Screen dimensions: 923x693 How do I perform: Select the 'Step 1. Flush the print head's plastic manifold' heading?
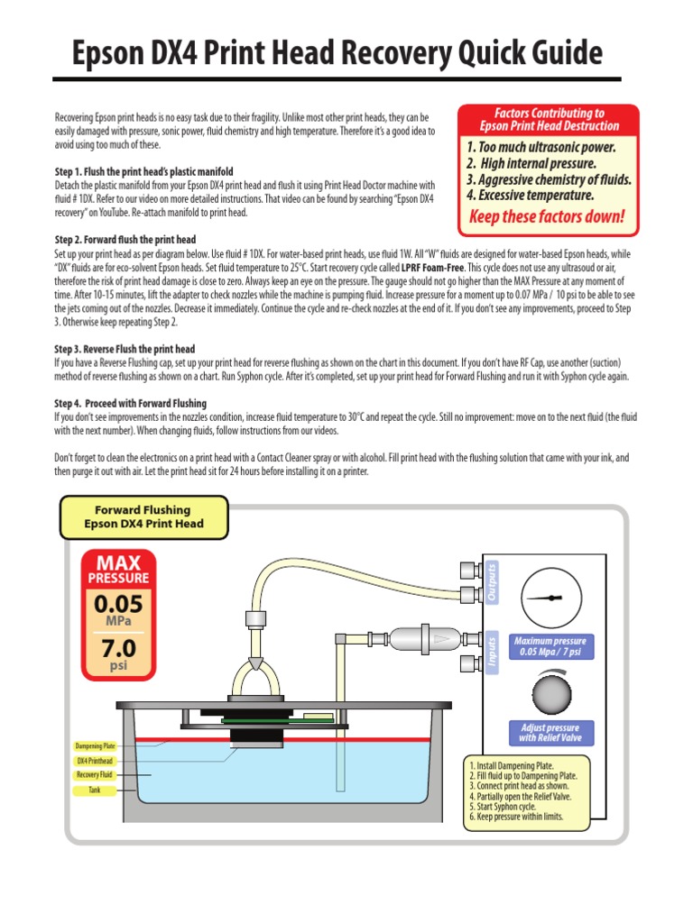tap(143, 172)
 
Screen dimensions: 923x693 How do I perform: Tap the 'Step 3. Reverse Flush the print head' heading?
tap(125, 349)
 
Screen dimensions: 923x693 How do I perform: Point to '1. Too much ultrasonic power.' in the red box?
tap(541, 146)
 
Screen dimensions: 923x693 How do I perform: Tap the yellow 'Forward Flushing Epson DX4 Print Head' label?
tap(143, 516)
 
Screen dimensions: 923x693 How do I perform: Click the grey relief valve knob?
tap(549, 695)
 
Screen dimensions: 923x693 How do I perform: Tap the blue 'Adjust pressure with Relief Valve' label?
tap(550, 733)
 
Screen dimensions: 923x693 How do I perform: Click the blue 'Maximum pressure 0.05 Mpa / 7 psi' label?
tap(549, 645)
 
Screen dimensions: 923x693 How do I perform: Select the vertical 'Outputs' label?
tap(492, 580)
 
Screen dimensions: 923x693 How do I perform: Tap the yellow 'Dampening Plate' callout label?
tap(96, 746)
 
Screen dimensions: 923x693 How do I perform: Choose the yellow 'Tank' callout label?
tap(96, 790)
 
